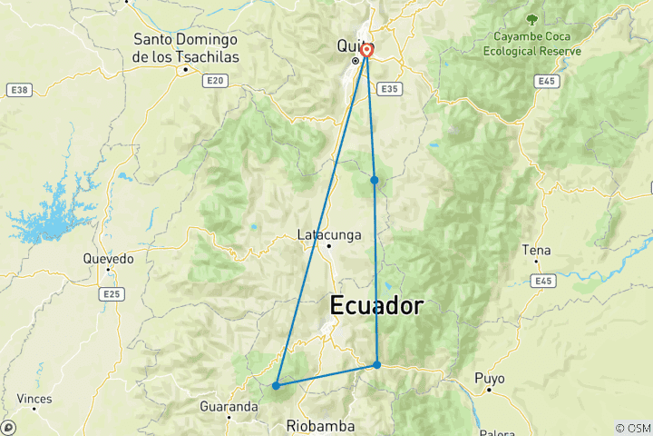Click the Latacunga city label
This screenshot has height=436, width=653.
329,235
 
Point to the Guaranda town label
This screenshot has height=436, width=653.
230,408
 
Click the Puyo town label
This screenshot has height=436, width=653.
489,377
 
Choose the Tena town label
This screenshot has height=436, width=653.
536,250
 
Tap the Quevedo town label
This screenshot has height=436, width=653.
108,259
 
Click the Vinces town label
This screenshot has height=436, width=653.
34,399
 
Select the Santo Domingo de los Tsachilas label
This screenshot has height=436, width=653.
185,47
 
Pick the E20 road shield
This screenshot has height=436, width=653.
214,81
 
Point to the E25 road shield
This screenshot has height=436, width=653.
112,294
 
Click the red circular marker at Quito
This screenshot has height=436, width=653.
366,51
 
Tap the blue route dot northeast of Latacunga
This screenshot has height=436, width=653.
374,180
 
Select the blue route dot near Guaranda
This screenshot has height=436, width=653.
276,386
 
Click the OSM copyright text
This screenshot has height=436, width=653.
632,428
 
